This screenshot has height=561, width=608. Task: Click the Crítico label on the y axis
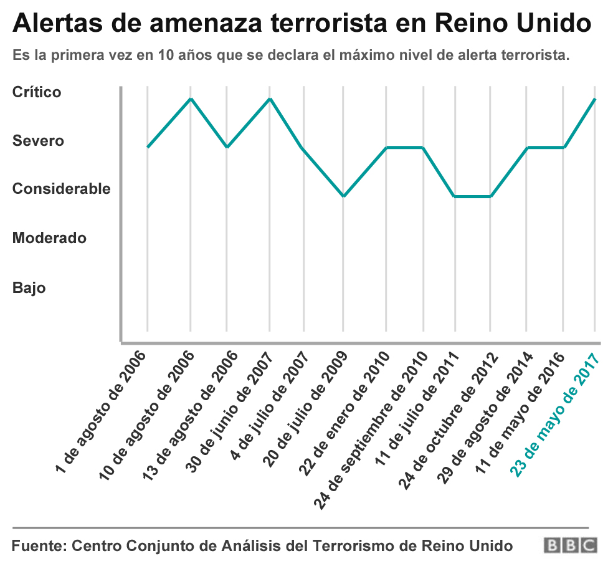pyautogui.click(x=37, y=92)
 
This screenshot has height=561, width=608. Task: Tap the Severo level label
pyautogui.click(x=38, y=141)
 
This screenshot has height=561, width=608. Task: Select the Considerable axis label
pyautogui.click(x=61, y=189)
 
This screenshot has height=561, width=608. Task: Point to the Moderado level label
pyautogui.click(x=49, y=237)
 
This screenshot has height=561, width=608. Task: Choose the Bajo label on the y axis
pyautogui.click(x=29, y=288)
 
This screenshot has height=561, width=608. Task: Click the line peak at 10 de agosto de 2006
pyautogui.click(x=191, y=98)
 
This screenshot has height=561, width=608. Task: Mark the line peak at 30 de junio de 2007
pyautogui.click(x=270, y=98)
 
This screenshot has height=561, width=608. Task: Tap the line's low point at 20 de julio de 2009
pyautogui.click(x=343, y=196)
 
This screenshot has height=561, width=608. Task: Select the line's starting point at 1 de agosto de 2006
pyautogui.click(x=148, y=147)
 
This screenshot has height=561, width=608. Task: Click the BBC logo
pyautogui.click(x=570, y=545)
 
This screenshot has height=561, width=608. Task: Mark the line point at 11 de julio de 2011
pyautogui.click(x=455, y=196)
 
